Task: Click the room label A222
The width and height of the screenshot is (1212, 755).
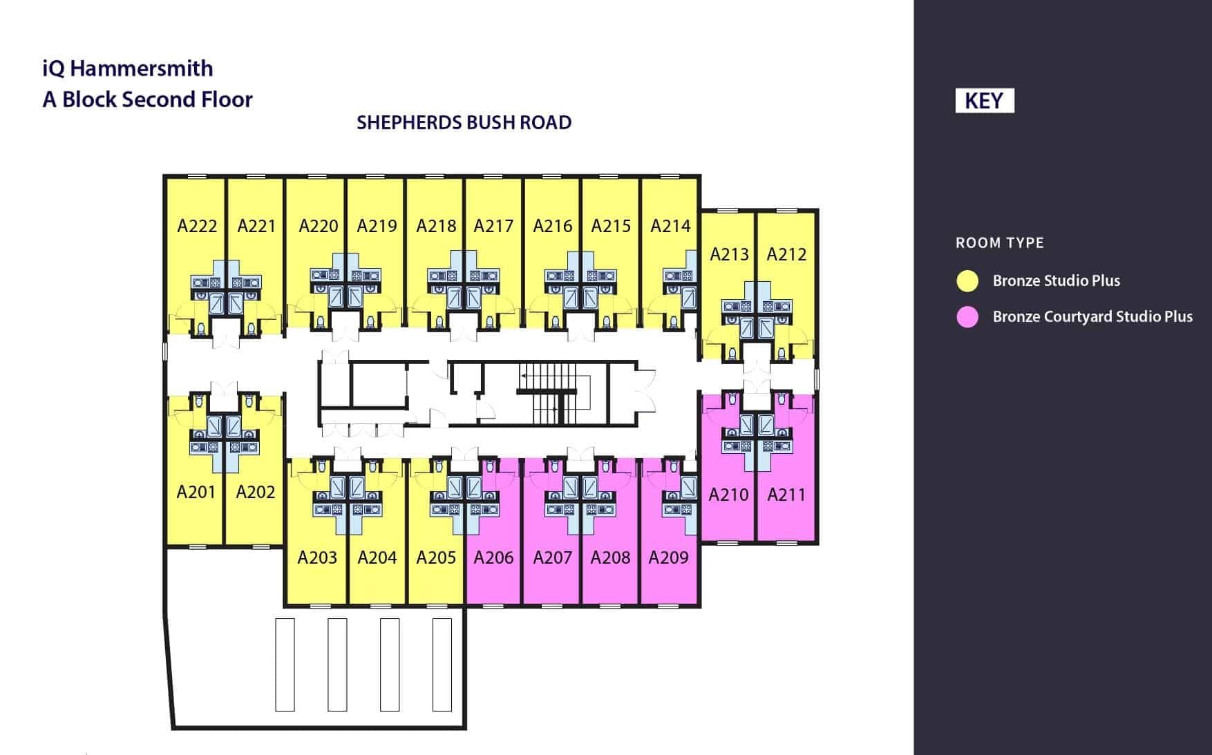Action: click(x=197, y=226)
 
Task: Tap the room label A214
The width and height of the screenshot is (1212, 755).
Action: click(x=670, y=226)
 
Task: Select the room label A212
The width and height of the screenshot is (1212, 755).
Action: click(x=786, y=254)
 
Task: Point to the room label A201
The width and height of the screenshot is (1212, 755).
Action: click(x=196, y=492)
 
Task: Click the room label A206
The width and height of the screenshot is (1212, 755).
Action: click(x=493, y=557)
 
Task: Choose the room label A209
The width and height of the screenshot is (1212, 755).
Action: click(x=668, y=557)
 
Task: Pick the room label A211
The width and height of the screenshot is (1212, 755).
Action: click(x=786, y=495)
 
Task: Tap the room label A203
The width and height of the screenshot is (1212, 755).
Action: click(x=317, y=557)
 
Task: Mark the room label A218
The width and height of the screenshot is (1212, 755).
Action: click(x=436, y=226)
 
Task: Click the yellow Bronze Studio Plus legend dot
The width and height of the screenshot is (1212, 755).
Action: click(x=967, y=280)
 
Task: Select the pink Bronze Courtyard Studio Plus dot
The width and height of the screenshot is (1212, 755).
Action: click(x=967, y=317)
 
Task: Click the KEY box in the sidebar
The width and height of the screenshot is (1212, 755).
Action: click(x=984, y=101)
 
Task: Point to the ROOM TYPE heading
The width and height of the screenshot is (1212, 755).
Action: click(x=999, y=243)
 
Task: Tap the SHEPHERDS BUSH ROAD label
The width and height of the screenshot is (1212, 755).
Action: click(x=464, y=122)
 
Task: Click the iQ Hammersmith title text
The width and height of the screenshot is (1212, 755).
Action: click(x=128, y=68)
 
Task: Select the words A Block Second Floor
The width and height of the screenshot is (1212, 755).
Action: click(x=147, y=99)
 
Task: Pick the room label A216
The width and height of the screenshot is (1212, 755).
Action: click(x=553, y=226)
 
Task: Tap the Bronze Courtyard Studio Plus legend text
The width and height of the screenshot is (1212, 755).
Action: click(x=1092, y=317)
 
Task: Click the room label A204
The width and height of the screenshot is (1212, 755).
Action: click(x=377, y=557)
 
